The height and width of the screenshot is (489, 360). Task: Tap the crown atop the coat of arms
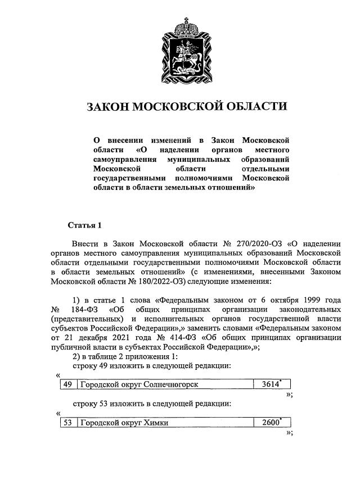[187, 25]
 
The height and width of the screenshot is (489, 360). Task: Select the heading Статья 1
[84, 225]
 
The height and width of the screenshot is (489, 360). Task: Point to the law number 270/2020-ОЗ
[260, 244]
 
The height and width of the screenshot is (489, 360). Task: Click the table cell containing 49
[67, 385]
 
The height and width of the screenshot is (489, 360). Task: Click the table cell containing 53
[67, 423]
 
